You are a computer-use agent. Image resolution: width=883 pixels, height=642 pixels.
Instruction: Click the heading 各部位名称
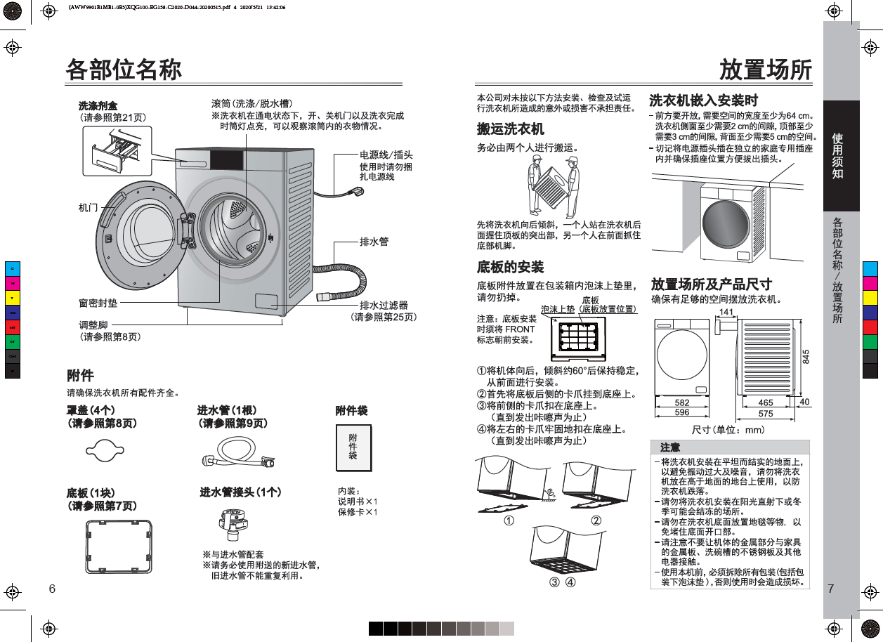124,70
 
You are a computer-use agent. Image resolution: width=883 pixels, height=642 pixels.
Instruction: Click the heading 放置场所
766,70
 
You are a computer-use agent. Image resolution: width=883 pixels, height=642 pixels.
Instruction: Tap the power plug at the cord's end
357,192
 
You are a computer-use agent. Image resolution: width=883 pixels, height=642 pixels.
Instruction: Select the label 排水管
374,241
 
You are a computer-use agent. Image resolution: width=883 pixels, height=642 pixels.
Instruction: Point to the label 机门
89,207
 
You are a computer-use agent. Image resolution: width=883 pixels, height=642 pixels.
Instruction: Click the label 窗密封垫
98,303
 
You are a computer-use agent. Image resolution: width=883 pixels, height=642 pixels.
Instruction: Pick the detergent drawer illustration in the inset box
116,152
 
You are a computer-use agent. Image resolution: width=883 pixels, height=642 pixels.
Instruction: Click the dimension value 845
806,356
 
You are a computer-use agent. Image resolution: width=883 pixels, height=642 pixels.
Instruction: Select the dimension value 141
726,312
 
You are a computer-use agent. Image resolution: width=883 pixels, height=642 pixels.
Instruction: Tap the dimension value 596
682,412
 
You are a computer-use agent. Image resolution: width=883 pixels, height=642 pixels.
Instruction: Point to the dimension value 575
766,414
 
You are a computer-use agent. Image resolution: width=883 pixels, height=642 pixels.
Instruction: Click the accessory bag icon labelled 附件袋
353,447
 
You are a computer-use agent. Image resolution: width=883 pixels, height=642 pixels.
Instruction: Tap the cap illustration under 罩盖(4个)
105,450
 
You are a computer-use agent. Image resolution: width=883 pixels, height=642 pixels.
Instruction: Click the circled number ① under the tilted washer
509,520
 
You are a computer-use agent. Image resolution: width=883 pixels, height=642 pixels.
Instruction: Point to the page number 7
830,589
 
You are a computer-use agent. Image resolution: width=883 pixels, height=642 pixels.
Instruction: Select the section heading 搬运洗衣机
510,129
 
